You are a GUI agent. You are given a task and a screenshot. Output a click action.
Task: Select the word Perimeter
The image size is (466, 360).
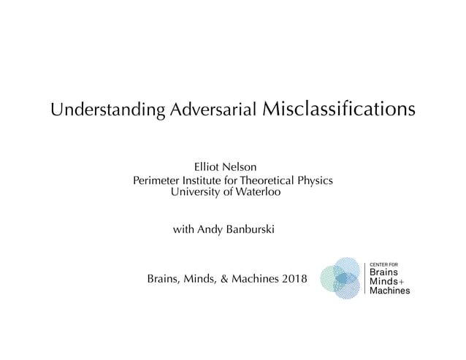click(x=157, y=180)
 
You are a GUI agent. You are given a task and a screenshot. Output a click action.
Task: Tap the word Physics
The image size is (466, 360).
click(x=316, y=180)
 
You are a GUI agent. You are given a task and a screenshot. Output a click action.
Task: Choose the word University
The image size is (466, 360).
click(x=195, y=192)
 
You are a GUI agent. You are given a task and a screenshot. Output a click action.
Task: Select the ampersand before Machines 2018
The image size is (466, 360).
click(x=218, y=278)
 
